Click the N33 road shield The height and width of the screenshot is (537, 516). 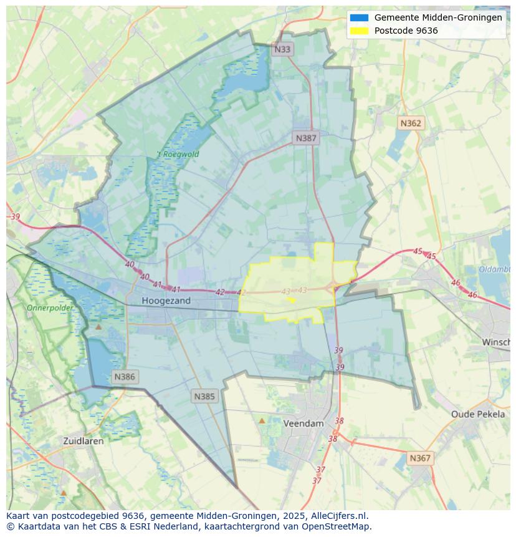(282, 49)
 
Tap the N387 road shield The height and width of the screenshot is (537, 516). (306, 138)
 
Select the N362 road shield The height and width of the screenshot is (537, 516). (411, 123)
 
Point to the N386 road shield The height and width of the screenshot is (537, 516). (125, 377)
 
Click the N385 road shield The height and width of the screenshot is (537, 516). (204, 396)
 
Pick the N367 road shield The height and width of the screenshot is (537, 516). (420, 458)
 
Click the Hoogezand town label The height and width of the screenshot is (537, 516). (166, 301)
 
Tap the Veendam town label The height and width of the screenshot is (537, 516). (303, 423)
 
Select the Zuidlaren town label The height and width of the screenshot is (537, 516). (84, 440)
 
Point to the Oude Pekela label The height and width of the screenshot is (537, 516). (478, 414)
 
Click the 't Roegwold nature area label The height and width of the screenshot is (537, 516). (178, 154)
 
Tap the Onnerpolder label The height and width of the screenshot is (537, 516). (50, 308)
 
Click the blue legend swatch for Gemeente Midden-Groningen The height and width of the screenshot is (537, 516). (359, 17)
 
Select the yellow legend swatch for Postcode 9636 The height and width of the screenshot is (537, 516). (359, 31)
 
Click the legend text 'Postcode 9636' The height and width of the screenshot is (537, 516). (406, 31)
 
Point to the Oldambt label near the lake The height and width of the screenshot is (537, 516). (495, 269)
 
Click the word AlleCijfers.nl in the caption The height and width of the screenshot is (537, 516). (340, 516)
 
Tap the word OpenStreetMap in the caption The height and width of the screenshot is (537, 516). (336, 526)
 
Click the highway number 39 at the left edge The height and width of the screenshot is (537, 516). (16, 216)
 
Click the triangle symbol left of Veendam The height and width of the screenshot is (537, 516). (262, 421)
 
